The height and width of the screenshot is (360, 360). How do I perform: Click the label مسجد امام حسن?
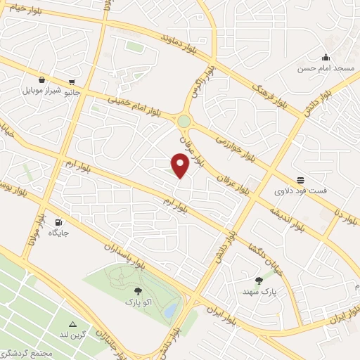[x=324, y=68]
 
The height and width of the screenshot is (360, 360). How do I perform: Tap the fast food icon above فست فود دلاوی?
[x=301, y=180]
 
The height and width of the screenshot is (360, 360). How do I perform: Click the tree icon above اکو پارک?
[x=136, y=291]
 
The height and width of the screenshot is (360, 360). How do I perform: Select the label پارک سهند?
[x=257, y=290]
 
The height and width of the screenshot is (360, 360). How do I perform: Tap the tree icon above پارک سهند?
[x=259, y=280]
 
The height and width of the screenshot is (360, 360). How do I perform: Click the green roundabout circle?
[x=184, y=121]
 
